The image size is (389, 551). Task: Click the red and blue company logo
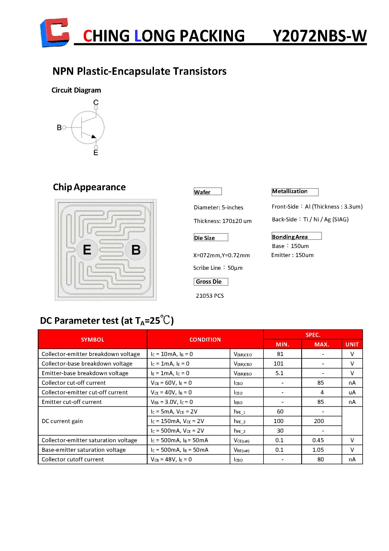point(55,32)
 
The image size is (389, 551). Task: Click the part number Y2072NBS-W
point(320,36)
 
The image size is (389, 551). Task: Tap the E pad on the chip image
point(87,250)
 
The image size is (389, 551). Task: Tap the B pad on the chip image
point(136,250)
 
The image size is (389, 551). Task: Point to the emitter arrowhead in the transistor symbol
point(93,136)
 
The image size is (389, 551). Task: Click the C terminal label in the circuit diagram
point(96,102)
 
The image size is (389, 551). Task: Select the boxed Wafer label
point(207,192)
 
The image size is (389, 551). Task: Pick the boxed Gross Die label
point(211,281)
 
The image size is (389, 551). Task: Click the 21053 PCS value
point(210,296)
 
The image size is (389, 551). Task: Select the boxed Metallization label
point(295,192)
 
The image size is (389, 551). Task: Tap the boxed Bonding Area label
point(296,237)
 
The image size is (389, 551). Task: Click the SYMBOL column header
point(93,339)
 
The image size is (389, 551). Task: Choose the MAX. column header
point(322,344)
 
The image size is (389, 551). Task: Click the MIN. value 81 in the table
point(280,354)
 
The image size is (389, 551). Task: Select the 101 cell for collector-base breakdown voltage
point(279,363)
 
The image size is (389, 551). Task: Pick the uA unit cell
point(352,392)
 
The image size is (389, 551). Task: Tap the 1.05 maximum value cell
point(318,450)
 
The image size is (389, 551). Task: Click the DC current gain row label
point(62,421)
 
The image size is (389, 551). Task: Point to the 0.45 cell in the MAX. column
point(318,440)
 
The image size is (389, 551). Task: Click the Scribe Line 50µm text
point(218,268)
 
